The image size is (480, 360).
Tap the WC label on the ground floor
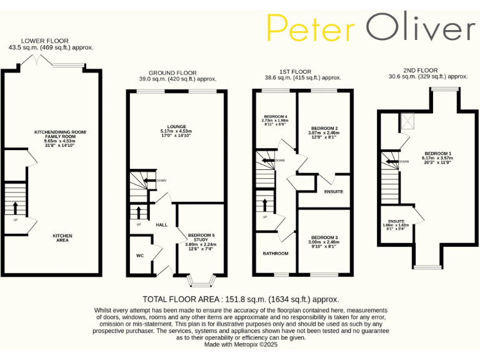140,255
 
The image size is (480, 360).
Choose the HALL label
161,224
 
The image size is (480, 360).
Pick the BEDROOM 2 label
324,127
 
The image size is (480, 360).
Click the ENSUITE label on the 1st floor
333,191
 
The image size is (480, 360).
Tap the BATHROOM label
276,253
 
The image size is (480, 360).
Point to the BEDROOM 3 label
324,237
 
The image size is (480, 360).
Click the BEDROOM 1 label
437,153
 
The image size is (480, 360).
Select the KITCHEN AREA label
62,237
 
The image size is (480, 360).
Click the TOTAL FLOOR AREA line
241,299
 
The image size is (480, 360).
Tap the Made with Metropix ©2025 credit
241,344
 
